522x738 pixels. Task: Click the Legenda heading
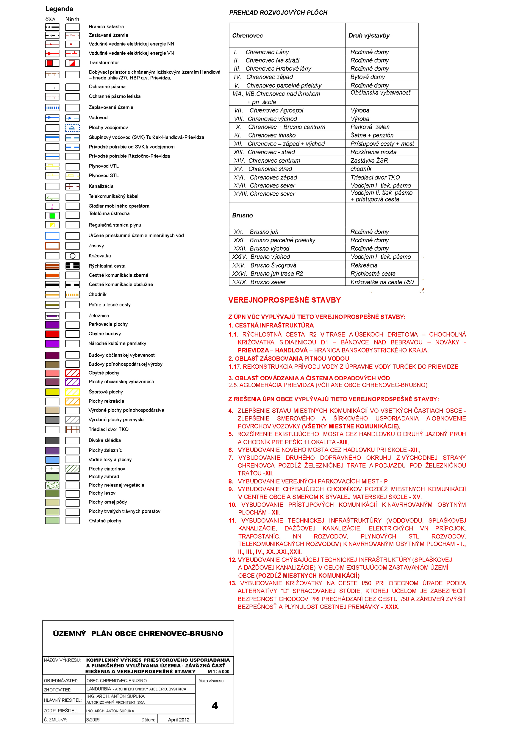[x=59, y=9]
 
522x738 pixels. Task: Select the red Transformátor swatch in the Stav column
[x=50, y=63]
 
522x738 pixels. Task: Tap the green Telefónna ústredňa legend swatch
[x=52, y=215]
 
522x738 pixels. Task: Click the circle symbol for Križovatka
[x=73, y=256]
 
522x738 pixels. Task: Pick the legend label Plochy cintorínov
[x=107, y=469]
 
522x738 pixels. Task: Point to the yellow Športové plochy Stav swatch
[x=52, y=392]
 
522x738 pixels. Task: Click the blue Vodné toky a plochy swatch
[x=52, y=460]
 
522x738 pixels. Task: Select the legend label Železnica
[x=99, y=316]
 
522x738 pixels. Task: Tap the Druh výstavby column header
[x=369, y=36]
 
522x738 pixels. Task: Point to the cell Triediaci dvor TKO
[x=375, y=177]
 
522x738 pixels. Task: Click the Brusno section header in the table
[x=242, y=215]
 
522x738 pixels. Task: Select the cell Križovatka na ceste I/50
[x=382, y=282]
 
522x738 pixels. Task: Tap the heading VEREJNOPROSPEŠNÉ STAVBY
[x=285, y=300]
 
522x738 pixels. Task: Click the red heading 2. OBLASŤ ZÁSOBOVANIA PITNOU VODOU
[x=289, y=358]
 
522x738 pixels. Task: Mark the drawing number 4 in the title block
[x=215, y=706]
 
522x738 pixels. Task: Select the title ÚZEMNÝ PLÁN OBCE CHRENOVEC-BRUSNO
[x=138, y=634]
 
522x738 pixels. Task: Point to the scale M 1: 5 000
[x=218, y=671]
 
